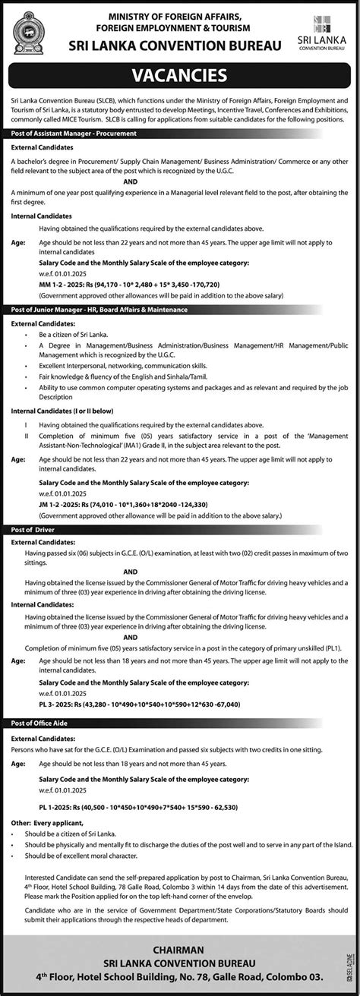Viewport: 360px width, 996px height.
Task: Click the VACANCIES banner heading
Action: tap(180, 76)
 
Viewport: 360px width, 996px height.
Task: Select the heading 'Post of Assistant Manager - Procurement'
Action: tap(74, 133)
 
